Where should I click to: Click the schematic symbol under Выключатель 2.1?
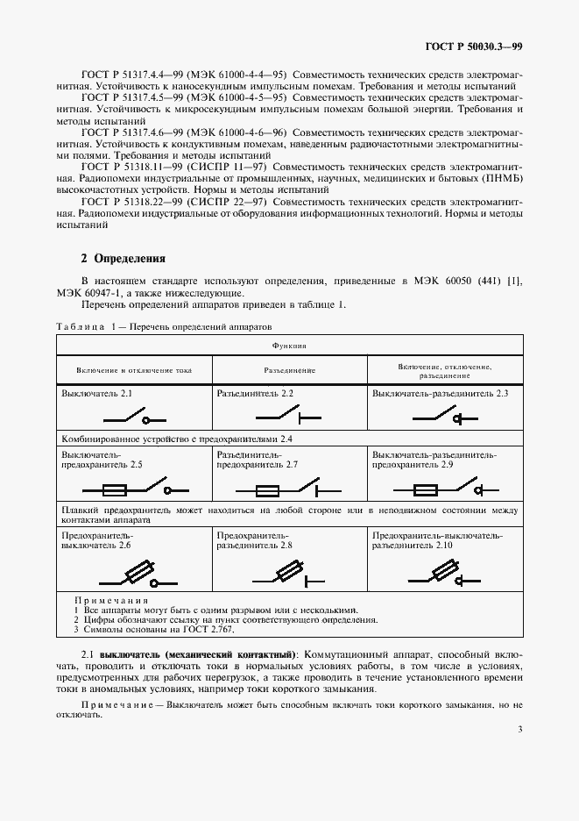click(131, 417)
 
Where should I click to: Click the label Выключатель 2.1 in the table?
click(96, 395)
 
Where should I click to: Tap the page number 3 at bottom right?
click(520, 729)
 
